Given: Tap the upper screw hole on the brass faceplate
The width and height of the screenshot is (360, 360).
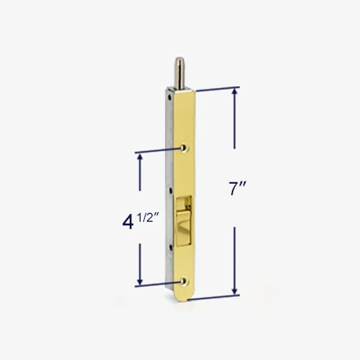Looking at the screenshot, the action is point(185,148).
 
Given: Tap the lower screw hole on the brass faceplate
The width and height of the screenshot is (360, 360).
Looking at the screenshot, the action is point(184,281).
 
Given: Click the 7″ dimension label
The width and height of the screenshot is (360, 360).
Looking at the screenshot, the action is point(237,188).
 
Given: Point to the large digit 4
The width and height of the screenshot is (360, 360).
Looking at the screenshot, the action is point(128,223).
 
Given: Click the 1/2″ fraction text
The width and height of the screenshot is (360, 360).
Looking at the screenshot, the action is point(149,218).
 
